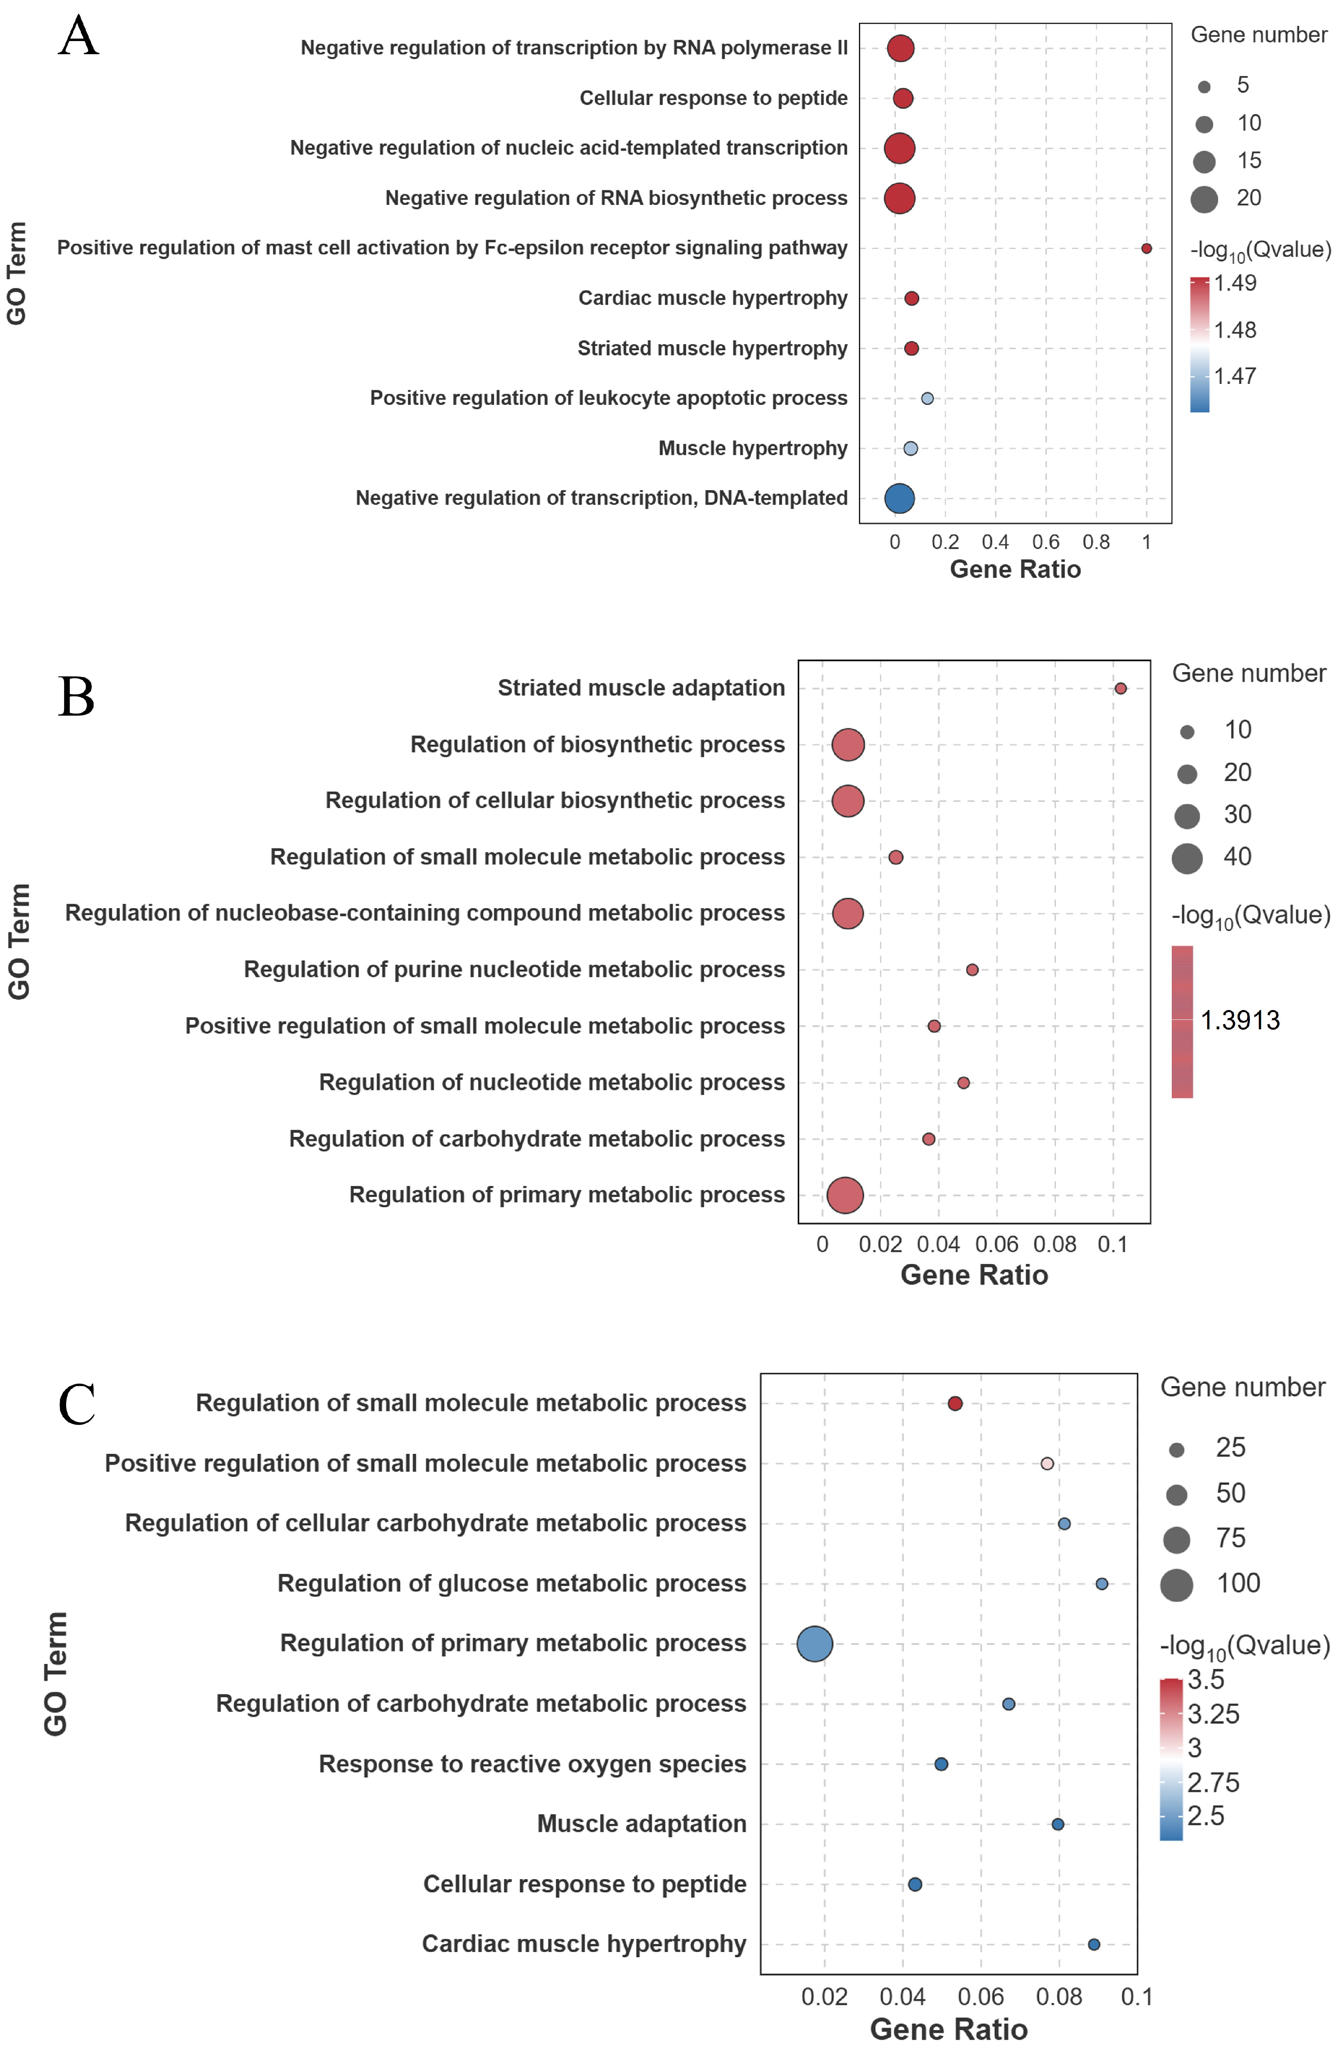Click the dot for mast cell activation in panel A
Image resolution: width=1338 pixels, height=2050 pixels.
(1146, 248)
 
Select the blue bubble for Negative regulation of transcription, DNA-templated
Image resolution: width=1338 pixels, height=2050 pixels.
(899, 498)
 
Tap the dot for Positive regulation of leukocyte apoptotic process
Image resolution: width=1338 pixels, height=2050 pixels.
(927, 398)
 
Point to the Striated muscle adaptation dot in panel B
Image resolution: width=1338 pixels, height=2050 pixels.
(1120, 688)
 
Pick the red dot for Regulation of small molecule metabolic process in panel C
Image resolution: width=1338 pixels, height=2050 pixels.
(955, 1403)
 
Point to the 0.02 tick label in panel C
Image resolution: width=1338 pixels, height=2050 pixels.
(824, 1997)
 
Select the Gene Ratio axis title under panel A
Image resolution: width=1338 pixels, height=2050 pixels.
(1015, 569)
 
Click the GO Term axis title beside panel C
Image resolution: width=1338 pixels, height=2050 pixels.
(55, 1674)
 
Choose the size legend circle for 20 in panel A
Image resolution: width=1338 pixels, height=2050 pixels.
(1204, 199)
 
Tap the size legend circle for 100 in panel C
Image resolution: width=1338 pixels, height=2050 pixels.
(1176, 1584)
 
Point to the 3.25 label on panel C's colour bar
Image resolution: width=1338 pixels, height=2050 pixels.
(1213, 1714)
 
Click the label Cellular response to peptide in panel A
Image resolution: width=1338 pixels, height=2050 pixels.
(714, 98)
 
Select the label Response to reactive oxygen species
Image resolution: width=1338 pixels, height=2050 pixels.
(532, 1764)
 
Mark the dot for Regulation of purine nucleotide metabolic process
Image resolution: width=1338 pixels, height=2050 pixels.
(972, 970)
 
